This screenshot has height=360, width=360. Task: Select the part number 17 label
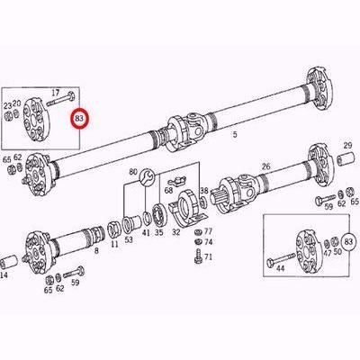click(x=56, y=92)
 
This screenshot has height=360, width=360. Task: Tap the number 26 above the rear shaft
click(x=265, y=166)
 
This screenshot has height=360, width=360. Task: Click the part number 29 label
click(x=346, y=144)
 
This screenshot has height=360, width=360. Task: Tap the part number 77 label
click(x=210, y=230)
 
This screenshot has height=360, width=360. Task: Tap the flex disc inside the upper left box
click(x=39, y=118)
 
